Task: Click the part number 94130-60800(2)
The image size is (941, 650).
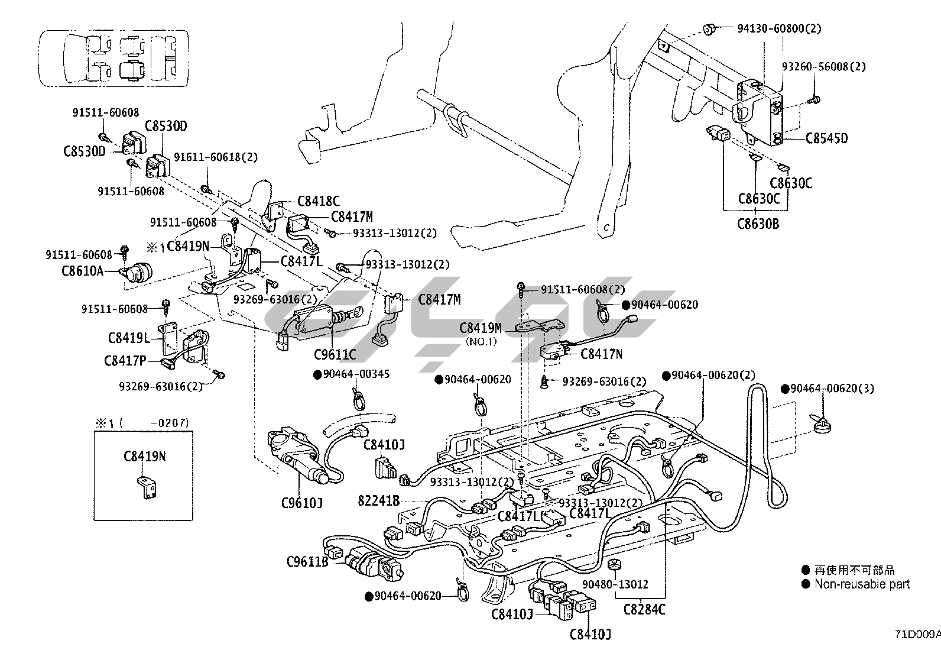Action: click(779, 28)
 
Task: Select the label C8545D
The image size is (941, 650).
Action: click(826, 138)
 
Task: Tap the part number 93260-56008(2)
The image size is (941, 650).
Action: click(823, 67)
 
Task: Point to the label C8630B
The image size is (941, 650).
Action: click(758, 224)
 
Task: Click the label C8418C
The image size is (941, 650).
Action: click(319, 201)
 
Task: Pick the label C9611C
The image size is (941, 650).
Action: click(335, 355)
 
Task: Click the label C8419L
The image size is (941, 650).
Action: click(129, 338)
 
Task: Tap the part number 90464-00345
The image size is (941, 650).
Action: click(351, 374)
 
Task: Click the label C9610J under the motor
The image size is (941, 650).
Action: click(301, 504)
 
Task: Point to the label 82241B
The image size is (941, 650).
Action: click(379, 501)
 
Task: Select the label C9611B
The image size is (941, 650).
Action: click(307, 561)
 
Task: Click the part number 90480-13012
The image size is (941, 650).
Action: click(615, 584)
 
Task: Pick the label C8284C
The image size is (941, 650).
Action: click(644, 609)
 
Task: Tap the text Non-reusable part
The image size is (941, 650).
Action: click(862, 584)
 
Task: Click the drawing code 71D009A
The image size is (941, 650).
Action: click(917, 635)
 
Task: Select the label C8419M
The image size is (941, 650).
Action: click(481, 328)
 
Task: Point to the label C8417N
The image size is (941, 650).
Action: click(602, 354)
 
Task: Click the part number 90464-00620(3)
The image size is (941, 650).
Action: click(827, 389)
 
